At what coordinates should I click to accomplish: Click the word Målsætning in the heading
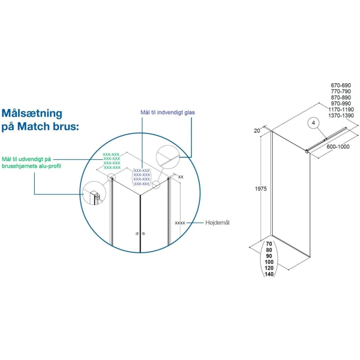coord(32,113)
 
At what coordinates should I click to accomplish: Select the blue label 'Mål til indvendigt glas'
coord(168,112)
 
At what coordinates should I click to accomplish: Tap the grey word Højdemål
coord(217,222)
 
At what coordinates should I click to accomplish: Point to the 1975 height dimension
coord(261,189)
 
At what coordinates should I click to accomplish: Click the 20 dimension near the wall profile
coord(257,131)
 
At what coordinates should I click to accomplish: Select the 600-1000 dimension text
coord(338,146)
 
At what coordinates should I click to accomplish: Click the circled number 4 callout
coord(313,123)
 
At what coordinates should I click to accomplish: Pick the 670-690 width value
coord(341,85)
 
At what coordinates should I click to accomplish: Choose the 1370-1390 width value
coord(341,116)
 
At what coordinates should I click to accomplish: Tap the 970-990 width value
coord(341,103)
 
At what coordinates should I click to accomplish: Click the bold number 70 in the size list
coord(269,244)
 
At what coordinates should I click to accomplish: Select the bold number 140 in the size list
coord(269,274)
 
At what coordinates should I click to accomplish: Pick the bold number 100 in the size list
coord(269,262)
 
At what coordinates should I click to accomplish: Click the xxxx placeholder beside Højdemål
coord(180,223)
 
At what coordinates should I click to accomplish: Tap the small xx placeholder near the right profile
coord(181,177)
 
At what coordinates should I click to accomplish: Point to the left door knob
coord(137,234)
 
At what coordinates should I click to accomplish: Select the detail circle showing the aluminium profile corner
coord(94,193)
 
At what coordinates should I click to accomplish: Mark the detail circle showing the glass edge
coord(168,157)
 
